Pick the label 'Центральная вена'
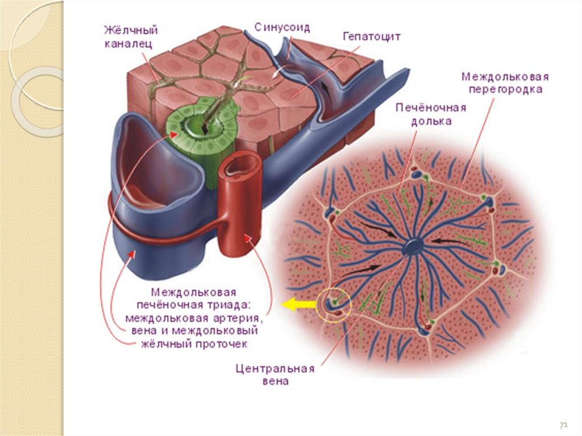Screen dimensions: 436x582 pos(275,375)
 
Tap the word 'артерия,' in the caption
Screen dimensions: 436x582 pos(240,318)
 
